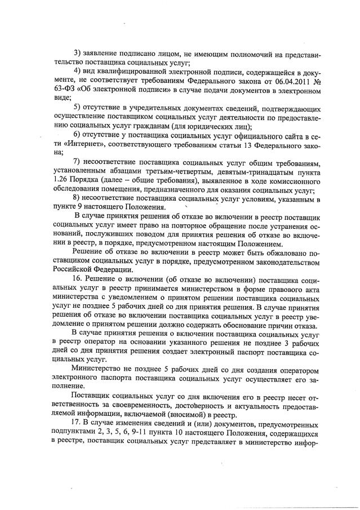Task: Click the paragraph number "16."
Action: pyautogui.click(x=79, y=280)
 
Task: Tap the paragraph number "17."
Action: pyautogui.click(x=79, y=422)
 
